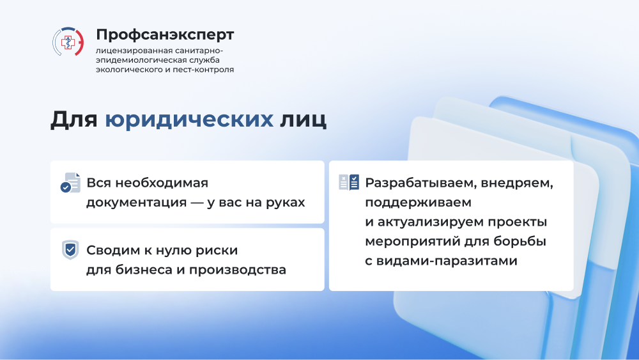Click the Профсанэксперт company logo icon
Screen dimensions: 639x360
[x=68, y=42]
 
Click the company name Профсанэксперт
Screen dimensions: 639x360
[x=165, y=35]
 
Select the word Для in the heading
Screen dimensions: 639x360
[x=73, y=120]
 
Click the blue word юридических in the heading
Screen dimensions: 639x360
[x=189, y=120]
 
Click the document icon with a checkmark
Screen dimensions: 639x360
[x=70, y=182]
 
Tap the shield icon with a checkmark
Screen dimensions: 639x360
[x=70, y=250]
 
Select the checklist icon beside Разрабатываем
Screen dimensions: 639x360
[x=349, y=182]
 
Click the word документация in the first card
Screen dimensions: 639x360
[x=137, y=203]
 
